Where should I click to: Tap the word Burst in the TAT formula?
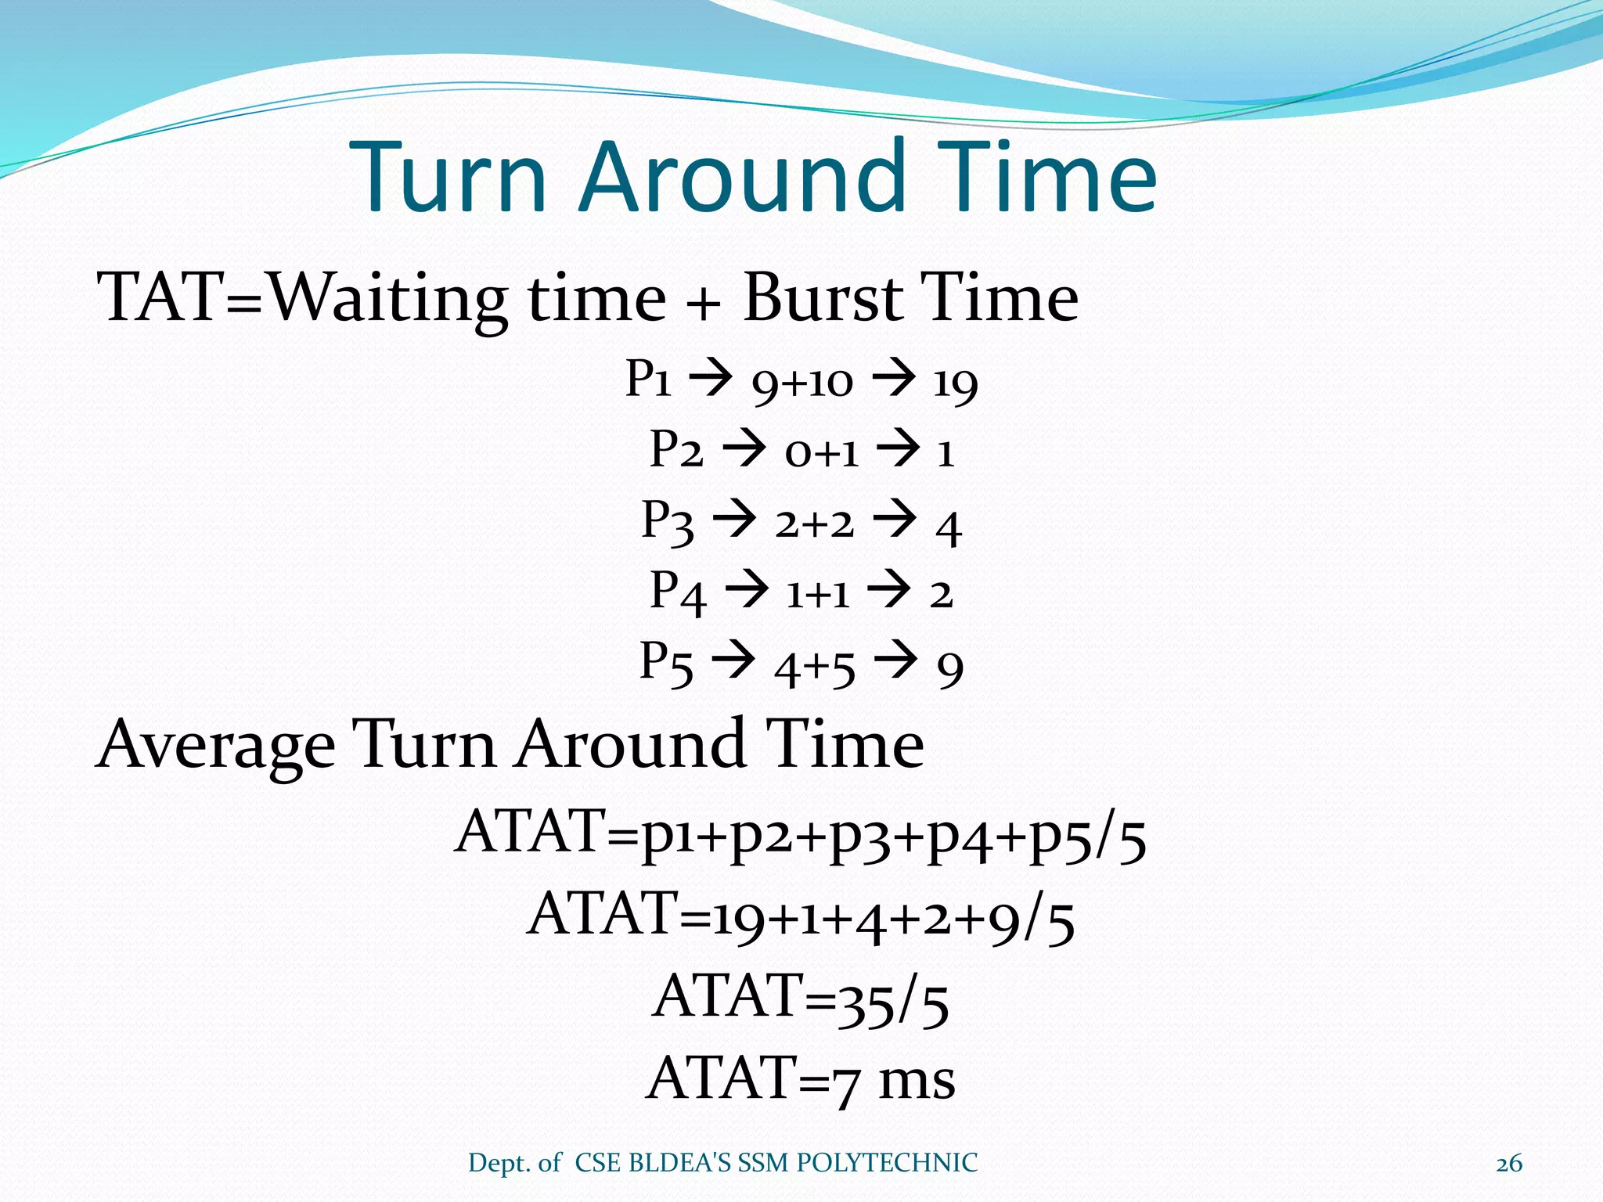pos(823,297)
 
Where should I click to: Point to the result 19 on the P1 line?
pos(956,383)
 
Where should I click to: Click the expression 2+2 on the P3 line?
pos(815,524)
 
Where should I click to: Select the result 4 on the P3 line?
pos(949,527)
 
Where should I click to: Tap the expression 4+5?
pos(815,668)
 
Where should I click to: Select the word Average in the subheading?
pos(216,745)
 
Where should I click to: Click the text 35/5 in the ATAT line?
pos(892,1002)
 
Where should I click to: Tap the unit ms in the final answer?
pos(917,1080)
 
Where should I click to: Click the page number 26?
pos(1508,1164)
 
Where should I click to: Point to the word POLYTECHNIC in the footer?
pos(887,1163)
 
